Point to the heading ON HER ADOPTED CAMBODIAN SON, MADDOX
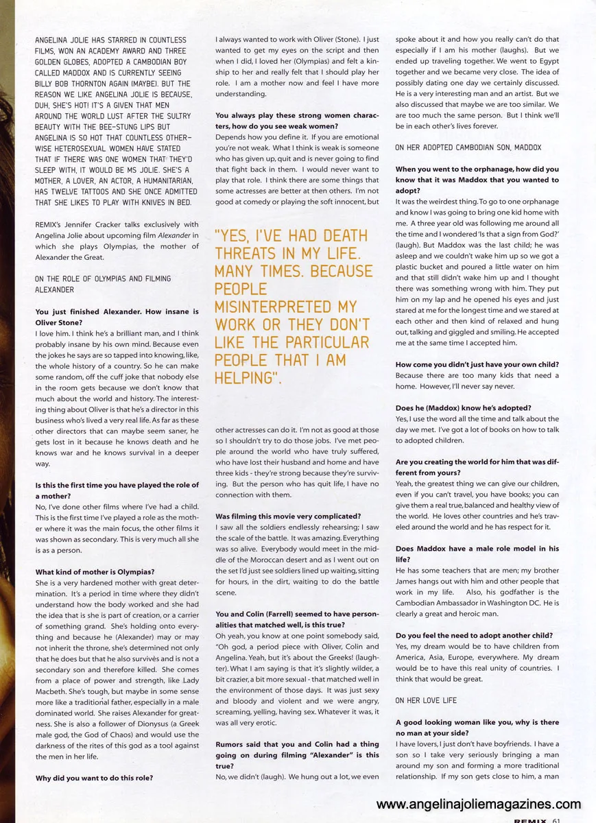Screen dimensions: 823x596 click(x=468, y=147)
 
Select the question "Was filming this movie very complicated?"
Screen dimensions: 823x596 click(x=288, y=516)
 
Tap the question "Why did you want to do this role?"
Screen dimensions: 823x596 click(x=94, y=778)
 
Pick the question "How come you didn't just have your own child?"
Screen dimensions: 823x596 click(x=477, y=364)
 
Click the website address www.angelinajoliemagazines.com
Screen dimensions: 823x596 click(x=479, y=804)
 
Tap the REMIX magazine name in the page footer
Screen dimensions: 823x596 click(x=530, y=820)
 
